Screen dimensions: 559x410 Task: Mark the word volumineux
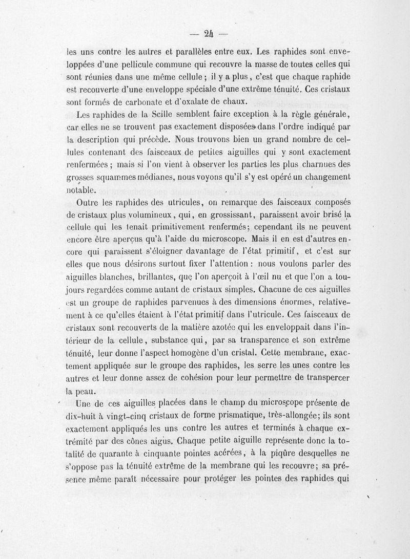click(x=129, y=214)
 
